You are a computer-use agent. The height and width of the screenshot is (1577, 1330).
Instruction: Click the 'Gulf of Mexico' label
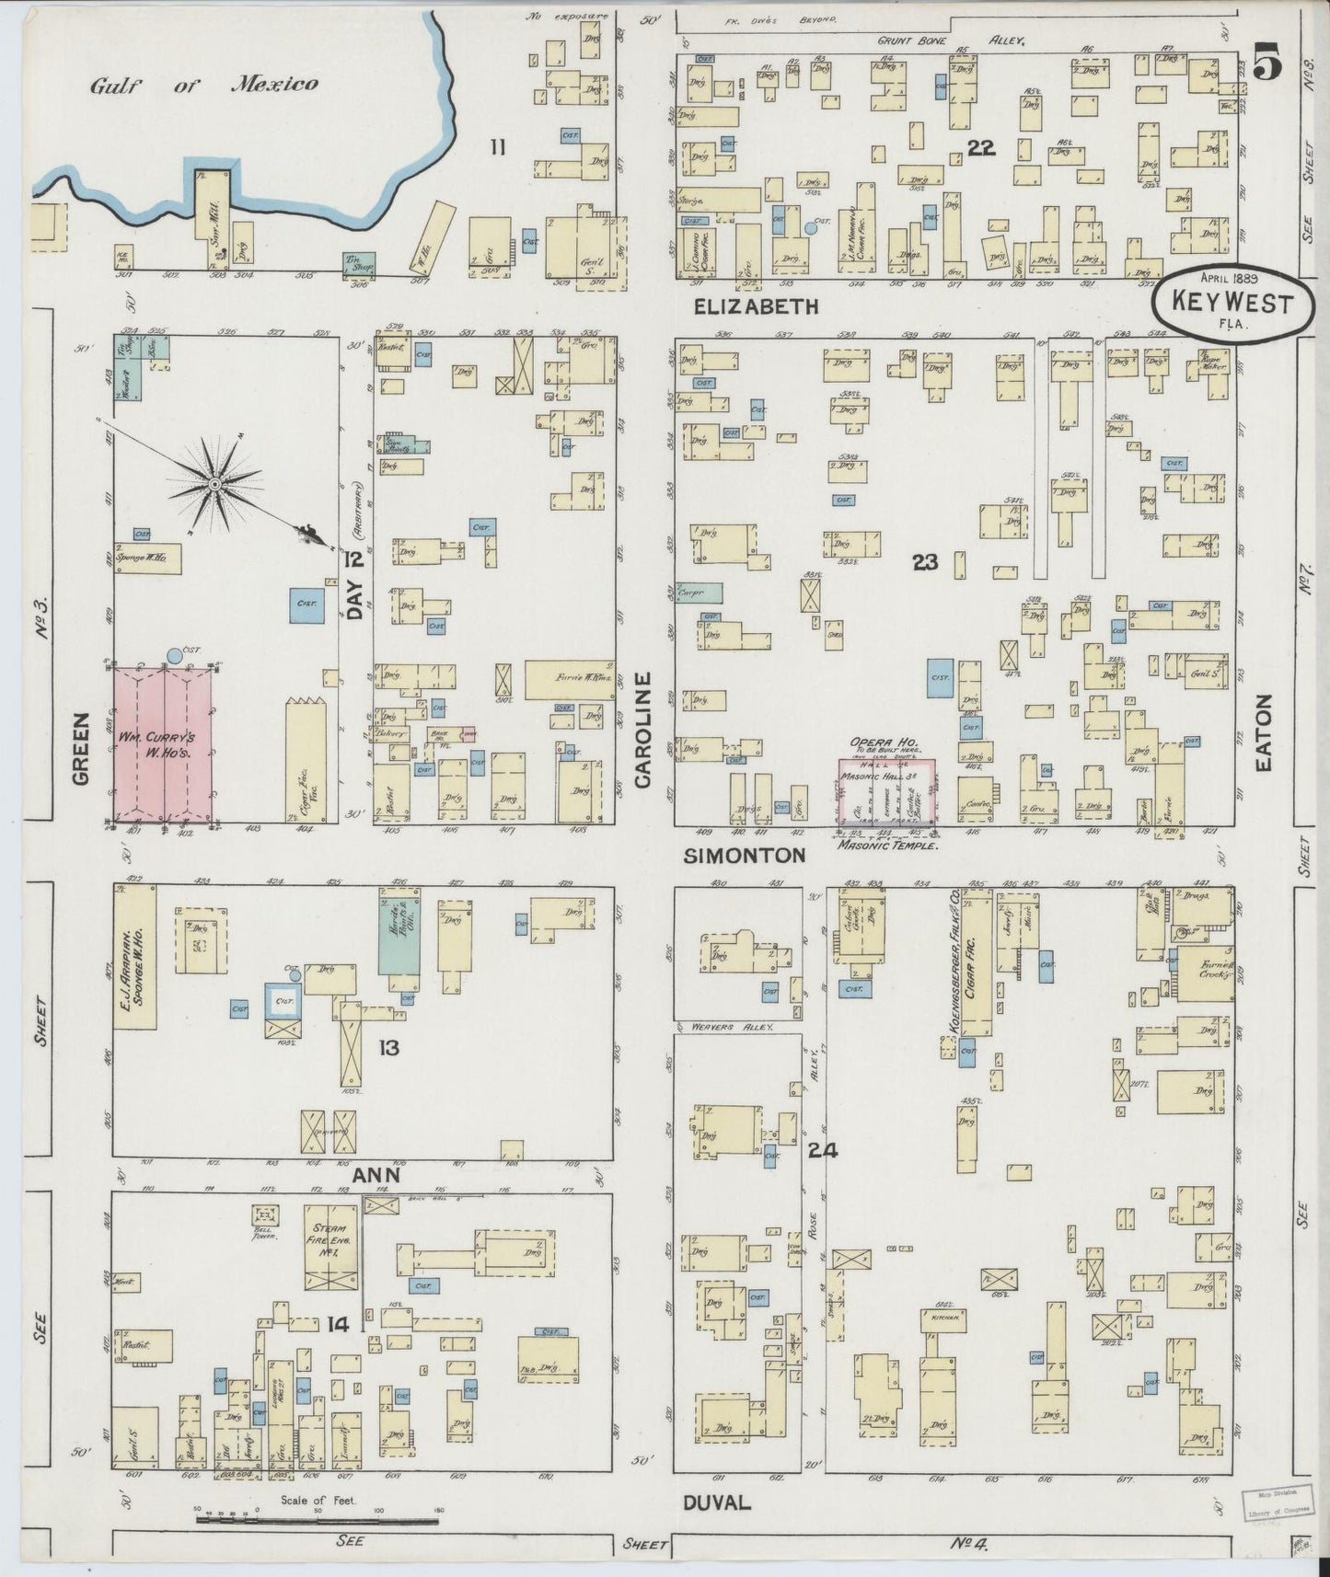tap(203, 85)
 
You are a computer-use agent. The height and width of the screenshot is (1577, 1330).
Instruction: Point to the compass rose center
tap(214, 482)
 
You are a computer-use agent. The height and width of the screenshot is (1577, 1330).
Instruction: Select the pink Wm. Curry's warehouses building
tap(162, 742)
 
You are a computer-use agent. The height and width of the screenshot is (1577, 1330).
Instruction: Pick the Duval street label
tap(717, 1502)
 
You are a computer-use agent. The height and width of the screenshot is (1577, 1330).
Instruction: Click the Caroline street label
tap(642, 730)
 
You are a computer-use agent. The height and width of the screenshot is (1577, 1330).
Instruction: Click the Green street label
tap(80, 750)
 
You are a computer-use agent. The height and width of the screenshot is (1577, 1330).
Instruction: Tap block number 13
tap(388, 1047)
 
